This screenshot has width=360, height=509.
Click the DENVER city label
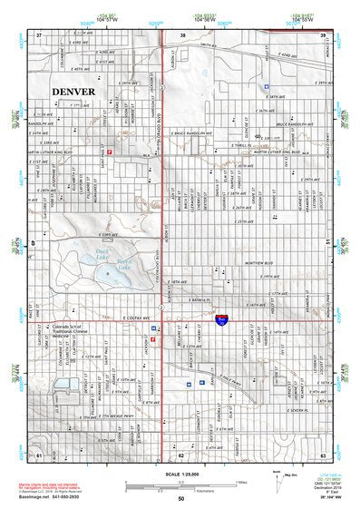[x=79, y=92]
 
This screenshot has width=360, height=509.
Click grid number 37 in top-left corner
[x=39, y=34]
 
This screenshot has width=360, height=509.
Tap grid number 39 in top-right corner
[x=322, y=34]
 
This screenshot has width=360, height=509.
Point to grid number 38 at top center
[x=182, y=34]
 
